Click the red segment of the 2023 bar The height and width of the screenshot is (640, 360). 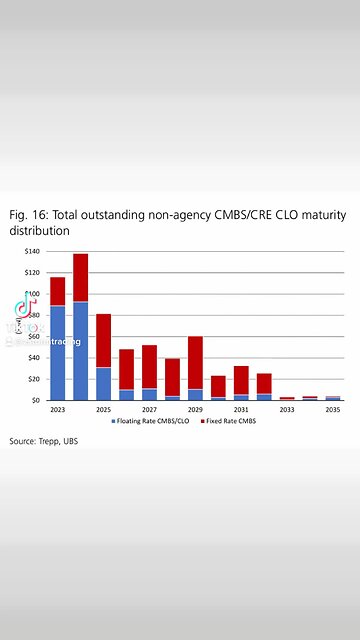point(58,291)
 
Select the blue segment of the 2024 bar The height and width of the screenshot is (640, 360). point(81,350)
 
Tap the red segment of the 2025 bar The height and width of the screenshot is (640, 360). point(104,340)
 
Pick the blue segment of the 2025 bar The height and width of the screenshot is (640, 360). point(104,383)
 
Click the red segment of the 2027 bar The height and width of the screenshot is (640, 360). point(149,366)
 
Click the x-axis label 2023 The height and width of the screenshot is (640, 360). point(58,410)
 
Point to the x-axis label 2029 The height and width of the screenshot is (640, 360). point(195,410)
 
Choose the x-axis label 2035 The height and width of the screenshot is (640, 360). point(333,410)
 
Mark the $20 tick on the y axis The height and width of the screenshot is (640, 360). point(33,379)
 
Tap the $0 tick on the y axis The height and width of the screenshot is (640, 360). point(35,400)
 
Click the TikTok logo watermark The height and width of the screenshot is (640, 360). point(19,305)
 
